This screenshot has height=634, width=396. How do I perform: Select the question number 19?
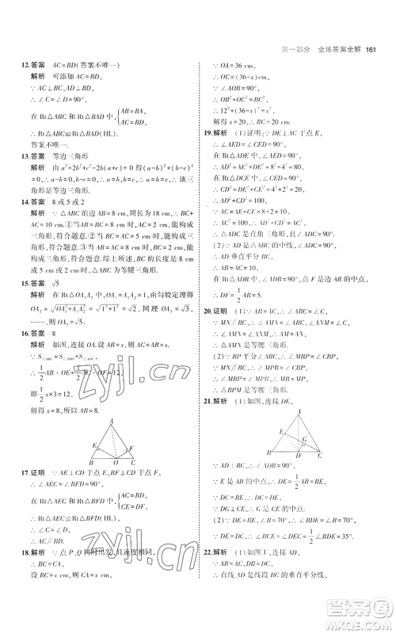point(208,133)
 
